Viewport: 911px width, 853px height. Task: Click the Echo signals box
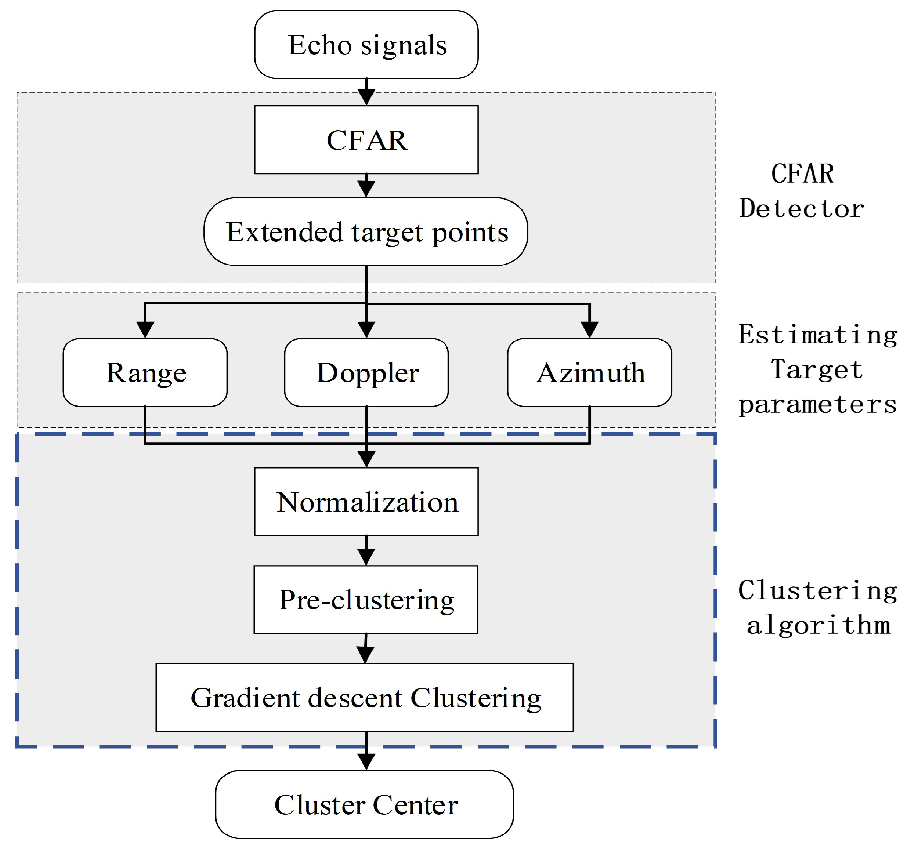click(x=366, y=45)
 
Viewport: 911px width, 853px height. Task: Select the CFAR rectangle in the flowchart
click(x=366, y=140)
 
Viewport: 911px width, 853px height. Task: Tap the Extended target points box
click(x=366, y=232)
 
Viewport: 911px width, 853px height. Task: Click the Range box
click(x=145, y=373)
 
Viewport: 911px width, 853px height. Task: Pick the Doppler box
click(x=366, y=373)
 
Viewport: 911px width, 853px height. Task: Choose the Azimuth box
click(x=590, y=373)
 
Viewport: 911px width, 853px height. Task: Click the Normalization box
click(x=366, y=502)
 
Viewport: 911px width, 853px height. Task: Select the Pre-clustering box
click(x=366, y=600)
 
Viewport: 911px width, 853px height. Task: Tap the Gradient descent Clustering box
click(x=365, y=698)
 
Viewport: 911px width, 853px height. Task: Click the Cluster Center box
click(x=365, y=804)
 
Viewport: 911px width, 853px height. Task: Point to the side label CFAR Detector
click(x=802, y=191)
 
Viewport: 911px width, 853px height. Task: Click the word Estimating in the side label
click(x=817, y=335)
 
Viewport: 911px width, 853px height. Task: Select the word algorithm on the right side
click(x=818, y=625)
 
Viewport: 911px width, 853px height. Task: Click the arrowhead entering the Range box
click(x=145, y=330)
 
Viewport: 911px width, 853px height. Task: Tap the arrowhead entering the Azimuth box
click(x=590, y=330)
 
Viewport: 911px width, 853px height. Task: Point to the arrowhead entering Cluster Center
click(x=366, y=761)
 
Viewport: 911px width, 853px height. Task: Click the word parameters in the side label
click(x=817, y=405)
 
